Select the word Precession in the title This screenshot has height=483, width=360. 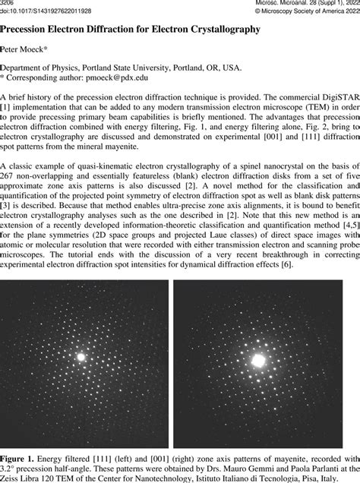(33, 28)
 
